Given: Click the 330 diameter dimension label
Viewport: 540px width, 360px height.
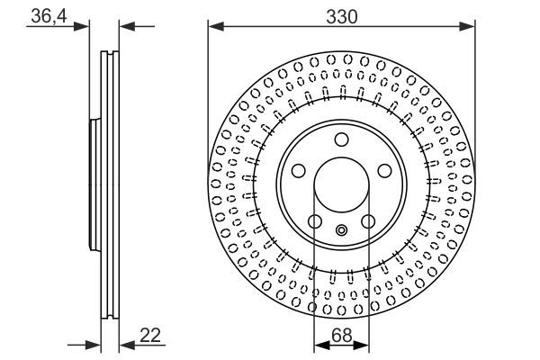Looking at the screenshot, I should (x=341, y=16).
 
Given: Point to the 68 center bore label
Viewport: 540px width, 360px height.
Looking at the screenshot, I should (x=341, y=335).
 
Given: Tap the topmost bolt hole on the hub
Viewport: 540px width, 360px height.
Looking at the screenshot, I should (x=341, y=139).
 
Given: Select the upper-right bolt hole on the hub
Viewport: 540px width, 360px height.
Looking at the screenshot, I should (x=384, y=171).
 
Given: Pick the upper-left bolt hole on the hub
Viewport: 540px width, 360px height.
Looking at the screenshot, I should (x=298, y=171).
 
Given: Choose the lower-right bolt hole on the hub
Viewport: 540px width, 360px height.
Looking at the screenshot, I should (x=368, y=222).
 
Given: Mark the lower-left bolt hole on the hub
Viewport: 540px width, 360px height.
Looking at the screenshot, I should (x=314, y=222).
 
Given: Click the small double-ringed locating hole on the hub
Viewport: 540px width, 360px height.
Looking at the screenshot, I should (x=341, y=230).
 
